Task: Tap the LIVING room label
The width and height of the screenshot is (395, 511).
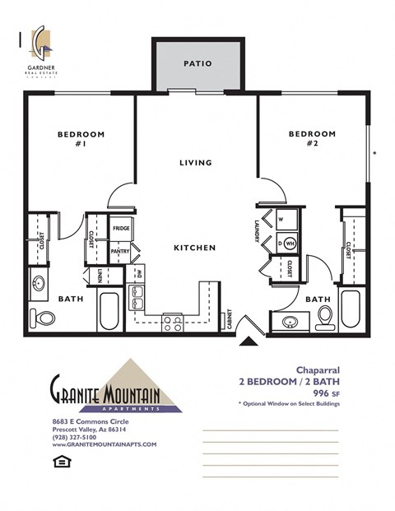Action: click(196, 163)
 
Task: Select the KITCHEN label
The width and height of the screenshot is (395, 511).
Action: click(195, 248)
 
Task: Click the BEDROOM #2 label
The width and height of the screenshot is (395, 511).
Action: click(313, 138)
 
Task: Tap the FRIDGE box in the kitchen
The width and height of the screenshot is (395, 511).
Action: click(121, 228)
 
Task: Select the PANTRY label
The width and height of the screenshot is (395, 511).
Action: click(121, 255)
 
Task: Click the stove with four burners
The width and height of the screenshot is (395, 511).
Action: click(173, 323)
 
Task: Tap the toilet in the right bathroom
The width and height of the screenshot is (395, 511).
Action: click(325, 315)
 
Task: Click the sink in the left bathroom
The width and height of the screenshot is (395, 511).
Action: click(39, 286)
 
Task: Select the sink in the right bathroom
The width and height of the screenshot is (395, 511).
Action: click(290, 322)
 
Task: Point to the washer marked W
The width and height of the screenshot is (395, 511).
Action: click(280, 220)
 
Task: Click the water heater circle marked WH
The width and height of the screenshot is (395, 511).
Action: click(290, 244)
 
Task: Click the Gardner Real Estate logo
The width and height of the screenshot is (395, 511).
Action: click(39, 48)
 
